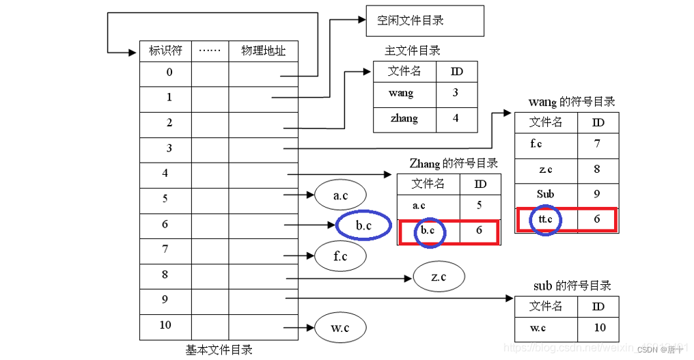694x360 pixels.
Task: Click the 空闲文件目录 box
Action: click(x=425, y=20)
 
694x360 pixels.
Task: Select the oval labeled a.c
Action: click(x=340, y=196)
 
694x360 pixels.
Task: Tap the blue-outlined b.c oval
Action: click(x=363, y=225)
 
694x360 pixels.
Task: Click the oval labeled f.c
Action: click(x=340, y=256)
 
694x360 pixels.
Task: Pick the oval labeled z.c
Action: click(x=439, y=277)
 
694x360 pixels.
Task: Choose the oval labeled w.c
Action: click(x=340, y=328)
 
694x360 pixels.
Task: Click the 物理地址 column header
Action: click(x=263, y=51)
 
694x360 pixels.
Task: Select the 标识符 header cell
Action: click(x=165, y=51)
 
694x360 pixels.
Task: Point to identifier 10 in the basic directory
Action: click(x=165, y=325)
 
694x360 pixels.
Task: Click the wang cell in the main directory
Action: click(x=401, y=93)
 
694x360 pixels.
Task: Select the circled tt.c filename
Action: click(x=545, y=219)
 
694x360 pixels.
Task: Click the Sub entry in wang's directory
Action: click(x=545, y=194)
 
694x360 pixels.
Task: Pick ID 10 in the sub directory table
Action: click(x=599, y=328)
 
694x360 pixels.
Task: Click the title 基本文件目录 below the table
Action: click(x=219, y=350)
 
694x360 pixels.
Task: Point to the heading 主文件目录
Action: click(x=412, y=51)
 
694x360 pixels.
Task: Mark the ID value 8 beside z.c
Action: click(x=597, y=169)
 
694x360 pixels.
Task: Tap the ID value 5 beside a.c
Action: click(x=480, y=205)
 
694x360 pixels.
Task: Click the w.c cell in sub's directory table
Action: click(x=538, y=328)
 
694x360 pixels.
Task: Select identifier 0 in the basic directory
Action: click(x=169, y=72)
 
